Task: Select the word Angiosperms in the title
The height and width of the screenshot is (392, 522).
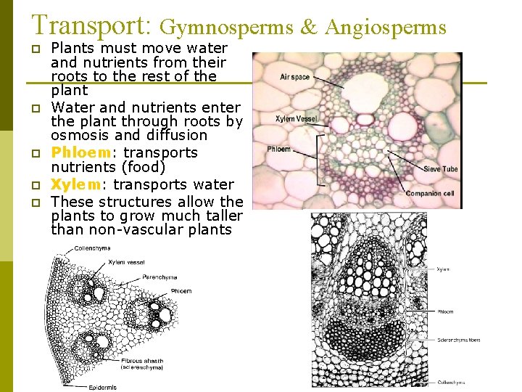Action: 386,28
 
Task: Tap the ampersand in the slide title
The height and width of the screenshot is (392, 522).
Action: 308,28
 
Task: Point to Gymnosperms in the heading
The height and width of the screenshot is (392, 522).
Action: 226,28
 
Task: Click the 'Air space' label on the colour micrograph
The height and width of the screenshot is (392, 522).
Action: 294,77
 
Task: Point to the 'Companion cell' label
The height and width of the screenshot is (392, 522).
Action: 431,193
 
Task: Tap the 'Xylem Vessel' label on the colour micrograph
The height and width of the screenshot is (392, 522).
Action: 296,118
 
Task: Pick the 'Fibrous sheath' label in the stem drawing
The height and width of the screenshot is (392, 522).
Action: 142,360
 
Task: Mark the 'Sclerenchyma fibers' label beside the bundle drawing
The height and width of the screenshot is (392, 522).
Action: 458,339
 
